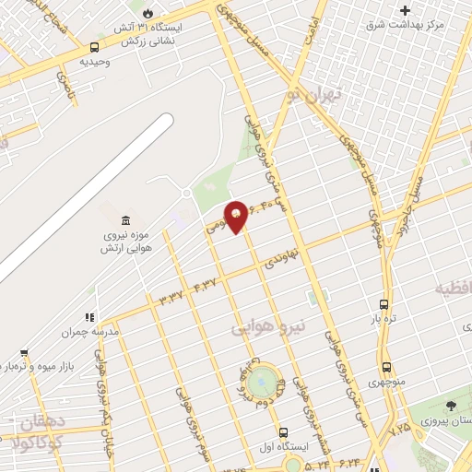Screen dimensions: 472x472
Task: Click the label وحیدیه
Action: (x=95, y=62)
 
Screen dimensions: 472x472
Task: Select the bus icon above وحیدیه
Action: (x=95, y=47)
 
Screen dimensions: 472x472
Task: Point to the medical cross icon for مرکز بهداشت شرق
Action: (x=405, y=10)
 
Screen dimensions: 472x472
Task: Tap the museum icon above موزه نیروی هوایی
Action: (x=125, y=221)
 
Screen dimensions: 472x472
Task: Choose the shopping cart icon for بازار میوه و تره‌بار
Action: (x=23, y=353)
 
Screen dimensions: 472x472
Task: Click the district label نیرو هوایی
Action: (x=261, y=326)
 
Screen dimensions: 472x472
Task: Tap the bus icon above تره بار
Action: (x=384, y=304)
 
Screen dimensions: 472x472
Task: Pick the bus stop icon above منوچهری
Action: (x=386, y=367)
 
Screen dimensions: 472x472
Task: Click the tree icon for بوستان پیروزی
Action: (x=450, y=406)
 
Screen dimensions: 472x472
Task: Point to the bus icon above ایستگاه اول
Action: (x=283, y=431)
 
